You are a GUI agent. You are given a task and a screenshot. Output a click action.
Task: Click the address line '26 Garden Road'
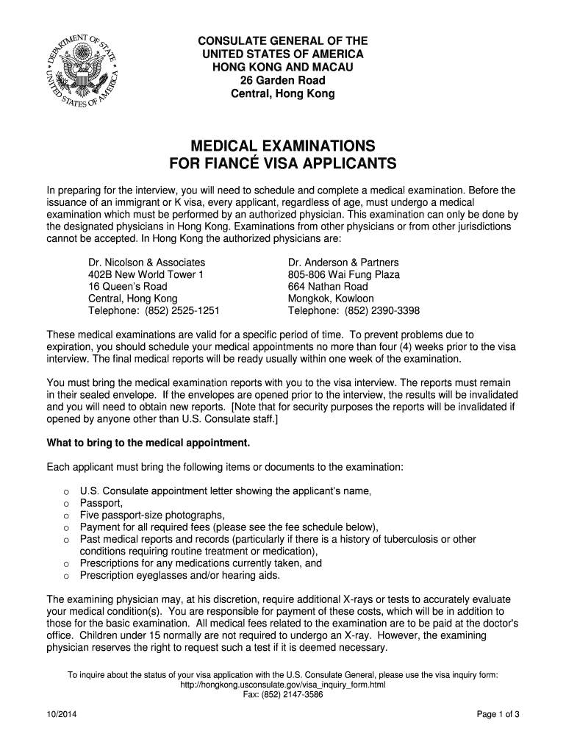(283, 80)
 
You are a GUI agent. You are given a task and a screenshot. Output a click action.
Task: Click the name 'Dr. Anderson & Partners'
(343, 263)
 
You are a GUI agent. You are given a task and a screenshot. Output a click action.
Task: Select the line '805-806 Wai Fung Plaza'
(344, 274)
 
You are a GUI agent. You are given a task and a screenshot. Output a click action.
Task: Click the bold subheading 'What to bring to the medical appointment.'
(148, 443)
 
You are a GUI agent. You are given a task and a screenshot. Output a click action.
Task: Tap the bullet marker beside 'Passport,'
(66, 504)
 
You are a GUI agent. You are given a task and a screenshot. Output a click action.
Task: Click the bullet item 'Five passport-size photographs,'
(152, 515)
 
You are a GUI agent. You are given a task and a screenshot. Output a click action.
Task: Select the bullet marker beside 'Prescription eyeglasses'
(66, 576)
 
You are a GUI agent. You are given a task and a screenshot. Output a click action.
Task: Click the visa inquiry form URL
(282, 685)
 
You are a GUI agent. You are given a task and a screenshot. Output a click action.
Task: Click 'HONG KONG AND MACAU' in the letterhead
(283, 67)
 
